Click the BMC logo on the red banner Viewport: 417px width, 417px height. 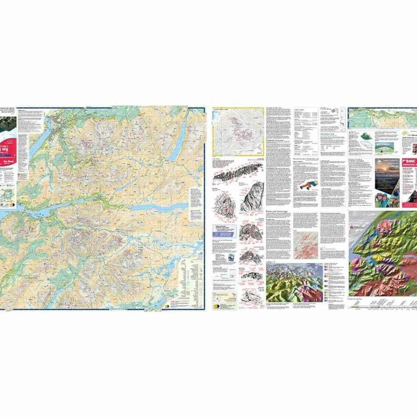tap(409, 161)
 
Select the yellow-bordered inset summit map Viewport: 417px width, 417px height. tap(238, 132)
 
